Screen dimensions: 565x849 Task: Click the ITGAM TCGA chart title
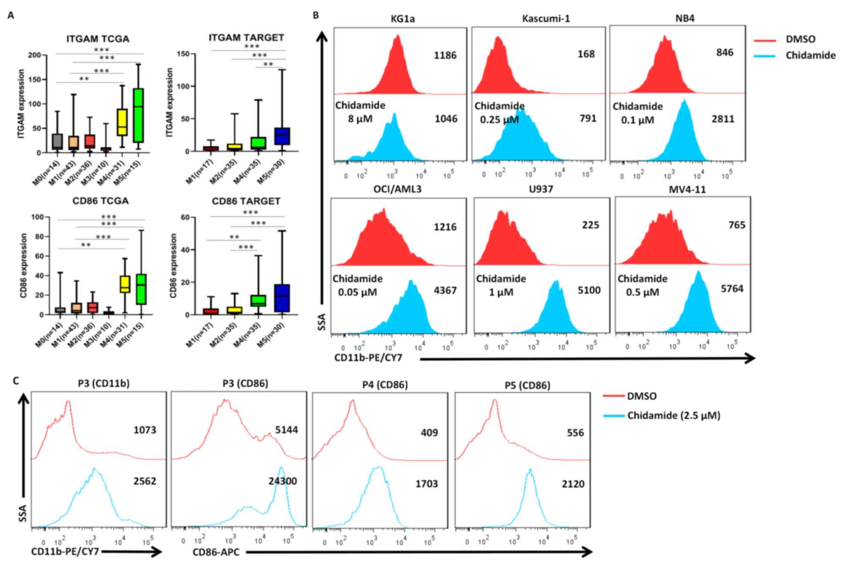point(98,39)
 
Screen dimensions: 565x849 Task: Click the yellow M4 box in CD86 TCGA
point(125,284)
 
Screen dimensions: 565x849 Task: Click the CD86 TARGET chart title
point(246,201)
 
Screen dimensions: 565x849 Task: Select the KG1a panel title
point(403,19)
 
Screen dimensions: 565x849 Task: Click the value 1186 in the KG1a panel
point(445,55)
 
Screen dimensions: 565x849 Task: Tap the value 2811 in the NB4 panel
point(723,119)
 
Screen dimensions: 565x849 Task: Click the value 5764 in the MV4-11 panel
point(732,289)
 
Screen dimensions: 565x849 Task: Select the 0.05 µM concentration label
point(357,292)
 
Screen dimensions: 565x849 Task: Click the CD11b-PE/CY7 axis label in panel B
point(368,358)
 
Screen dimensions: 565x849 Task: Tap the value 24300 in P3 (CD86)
point(282,481)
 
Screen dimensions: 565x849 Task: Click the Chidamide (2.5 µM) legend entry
point(674,415)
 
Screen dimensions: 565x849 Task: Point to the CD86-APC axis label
point(216,552)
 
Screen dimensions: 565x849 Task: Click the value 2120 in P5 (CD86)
point(573,484)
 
